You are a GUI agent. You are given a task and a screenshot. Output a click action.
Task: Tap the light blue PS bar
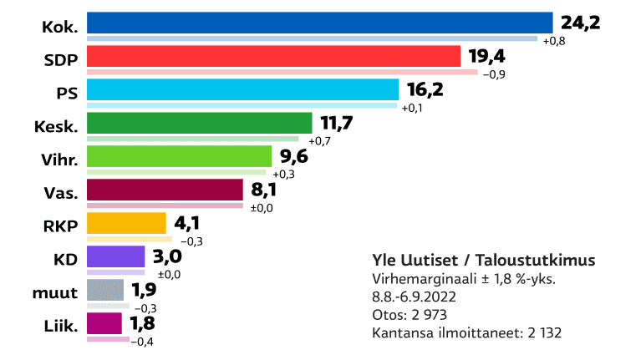click(242, 89)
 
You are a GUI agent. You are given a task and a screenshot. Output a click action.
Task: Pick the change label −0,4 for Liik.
click(143, 342)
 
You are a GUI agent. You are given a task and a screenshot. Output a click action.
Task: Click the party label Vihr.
click(60, 159)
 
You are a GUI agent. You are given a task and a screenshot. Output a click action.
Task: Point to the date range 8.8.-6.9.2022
click(415, 297)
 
